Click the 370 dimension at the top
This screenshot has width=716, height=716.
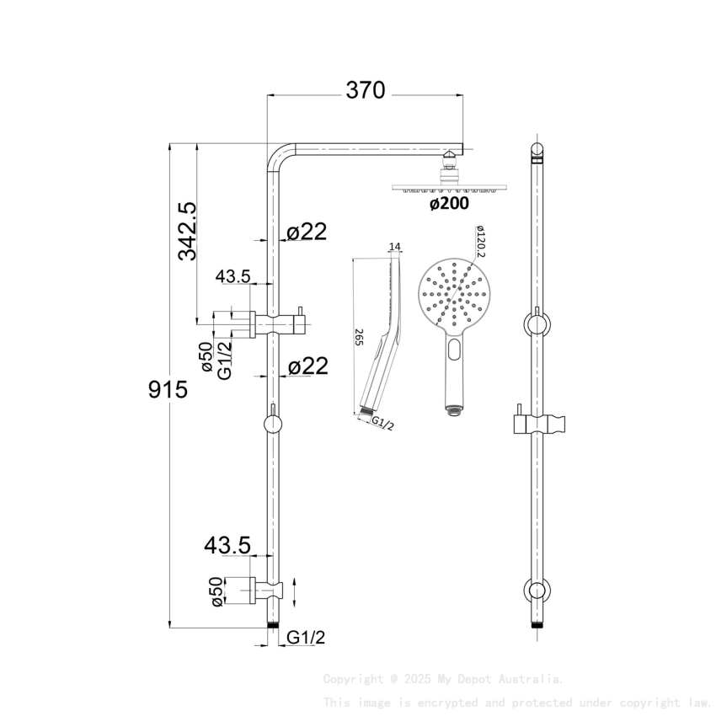[x=365, y=90]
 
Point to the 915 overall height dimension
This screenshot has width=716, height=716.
[x=168, y=390]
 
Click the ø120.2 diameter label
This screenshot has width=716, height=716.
[x=480, y=241]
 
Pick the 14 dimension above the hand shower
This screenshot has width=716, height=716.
[x=395, y=247]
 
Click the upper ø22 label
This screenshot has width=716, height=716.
[x=307, y=232]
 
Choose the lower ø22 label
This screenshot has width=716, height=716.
[x=307, y=366]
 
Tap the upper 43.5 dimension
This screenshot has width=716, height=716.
[x=233, y=276]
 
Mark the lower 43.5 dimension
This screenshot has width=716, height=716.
[x=227, y=546]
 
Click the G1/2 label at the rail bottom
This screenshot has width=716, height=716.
[x=306, y=638]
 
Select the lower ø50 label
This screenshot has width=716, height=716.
[x=216, y=591]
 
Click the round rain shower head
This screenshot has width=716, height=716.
[x=453, y=187]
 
